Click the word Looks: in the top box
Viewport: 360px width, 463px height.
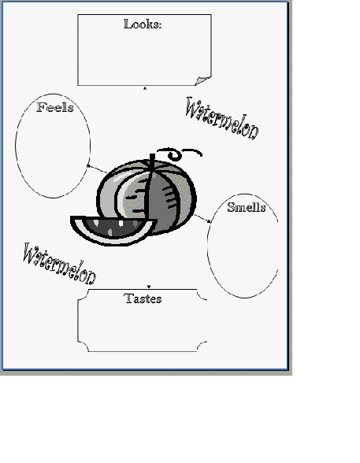pos(143,24)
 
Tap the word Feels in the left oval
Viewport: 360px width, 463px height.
pos(55,107)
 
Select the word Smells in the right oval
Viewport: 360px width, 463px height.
pos(247,207)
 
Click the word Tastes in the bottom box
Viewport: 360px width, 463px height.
pos(143,298)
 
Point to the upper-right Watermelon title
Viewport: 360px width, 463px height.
pos(222,119)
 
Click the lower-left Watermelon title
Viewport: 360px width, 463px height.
pos(60,264)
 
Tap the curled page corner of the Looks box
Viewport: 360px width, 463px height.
pos(203,80)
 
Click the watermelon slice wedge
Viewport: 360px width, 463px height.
pos(113,230)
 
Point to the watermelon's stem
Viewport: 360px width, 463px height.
pos(152,162)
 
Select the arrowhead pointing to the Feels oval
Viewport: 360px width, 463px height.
pos(88,166)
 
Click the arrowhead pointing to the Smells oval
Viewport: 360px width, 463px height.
pos(209,220)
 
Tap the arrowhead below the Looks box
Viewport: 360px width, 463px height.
pos(145,88)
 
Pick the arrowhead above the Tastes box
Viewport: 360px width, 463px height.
pos(149,287)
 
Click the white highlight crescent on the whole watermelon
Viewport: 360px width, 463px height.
pos(120,195)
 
